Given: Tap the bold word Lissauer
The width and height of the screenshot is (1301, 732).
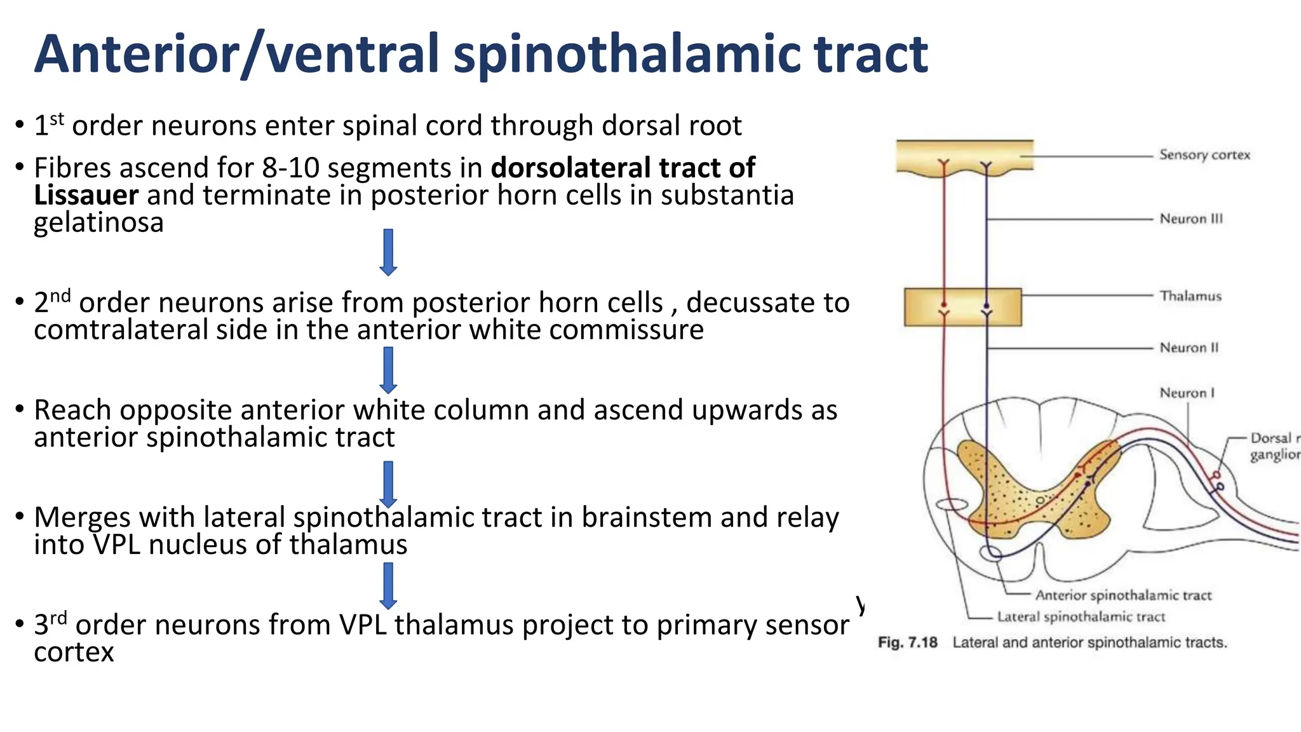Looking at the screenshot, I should [x=86, y=195].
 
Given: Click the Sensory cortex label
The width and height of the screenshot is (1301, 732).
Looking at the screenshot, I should [x=1204, y=155].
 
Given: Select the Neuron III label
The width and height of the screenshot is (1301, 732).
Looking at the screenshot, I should [x=1190, y=219].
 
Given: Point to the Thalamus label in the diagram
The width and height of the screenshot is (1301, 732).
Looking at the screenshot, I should [x=1190, y=296].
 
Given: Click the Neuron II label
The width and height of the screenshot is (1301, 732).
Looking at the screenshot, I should [x=1189, y=348].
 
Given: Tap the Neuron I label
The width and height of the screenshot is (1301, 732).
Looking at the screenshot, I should [x=1186, y=393].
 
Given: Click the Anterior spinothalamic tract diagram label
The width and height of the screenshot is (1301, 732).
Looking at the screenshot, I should [x=1123, y=595].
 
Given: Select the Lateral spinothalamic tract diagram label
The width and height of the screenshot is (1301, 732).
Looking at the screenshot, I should [x=1081, y=617].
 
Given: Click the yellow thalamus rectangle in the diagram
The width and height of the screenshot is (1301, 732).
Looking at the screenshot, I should [x=962, y=308].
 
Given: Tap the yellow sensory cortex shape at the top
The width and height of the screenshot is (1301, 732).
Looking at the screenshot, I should [x=964, y=155].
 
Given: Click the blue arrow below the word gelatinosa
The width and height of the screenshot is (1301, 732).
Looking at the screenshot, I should [x=388, y=252].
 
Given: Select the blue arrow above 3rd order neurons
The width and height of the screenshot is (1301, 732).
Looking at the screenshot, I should [x=388, y=586].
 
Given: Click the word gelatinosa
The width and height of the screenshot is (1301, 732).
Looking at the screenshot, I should [x=98, y=223].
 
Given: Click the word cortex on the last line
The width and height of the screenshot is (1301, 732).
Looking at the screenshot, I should [x=74, y=653].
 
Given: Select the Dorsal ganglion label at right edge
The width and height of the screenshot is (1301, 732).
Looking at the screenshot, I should [x=1274, y=446].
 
